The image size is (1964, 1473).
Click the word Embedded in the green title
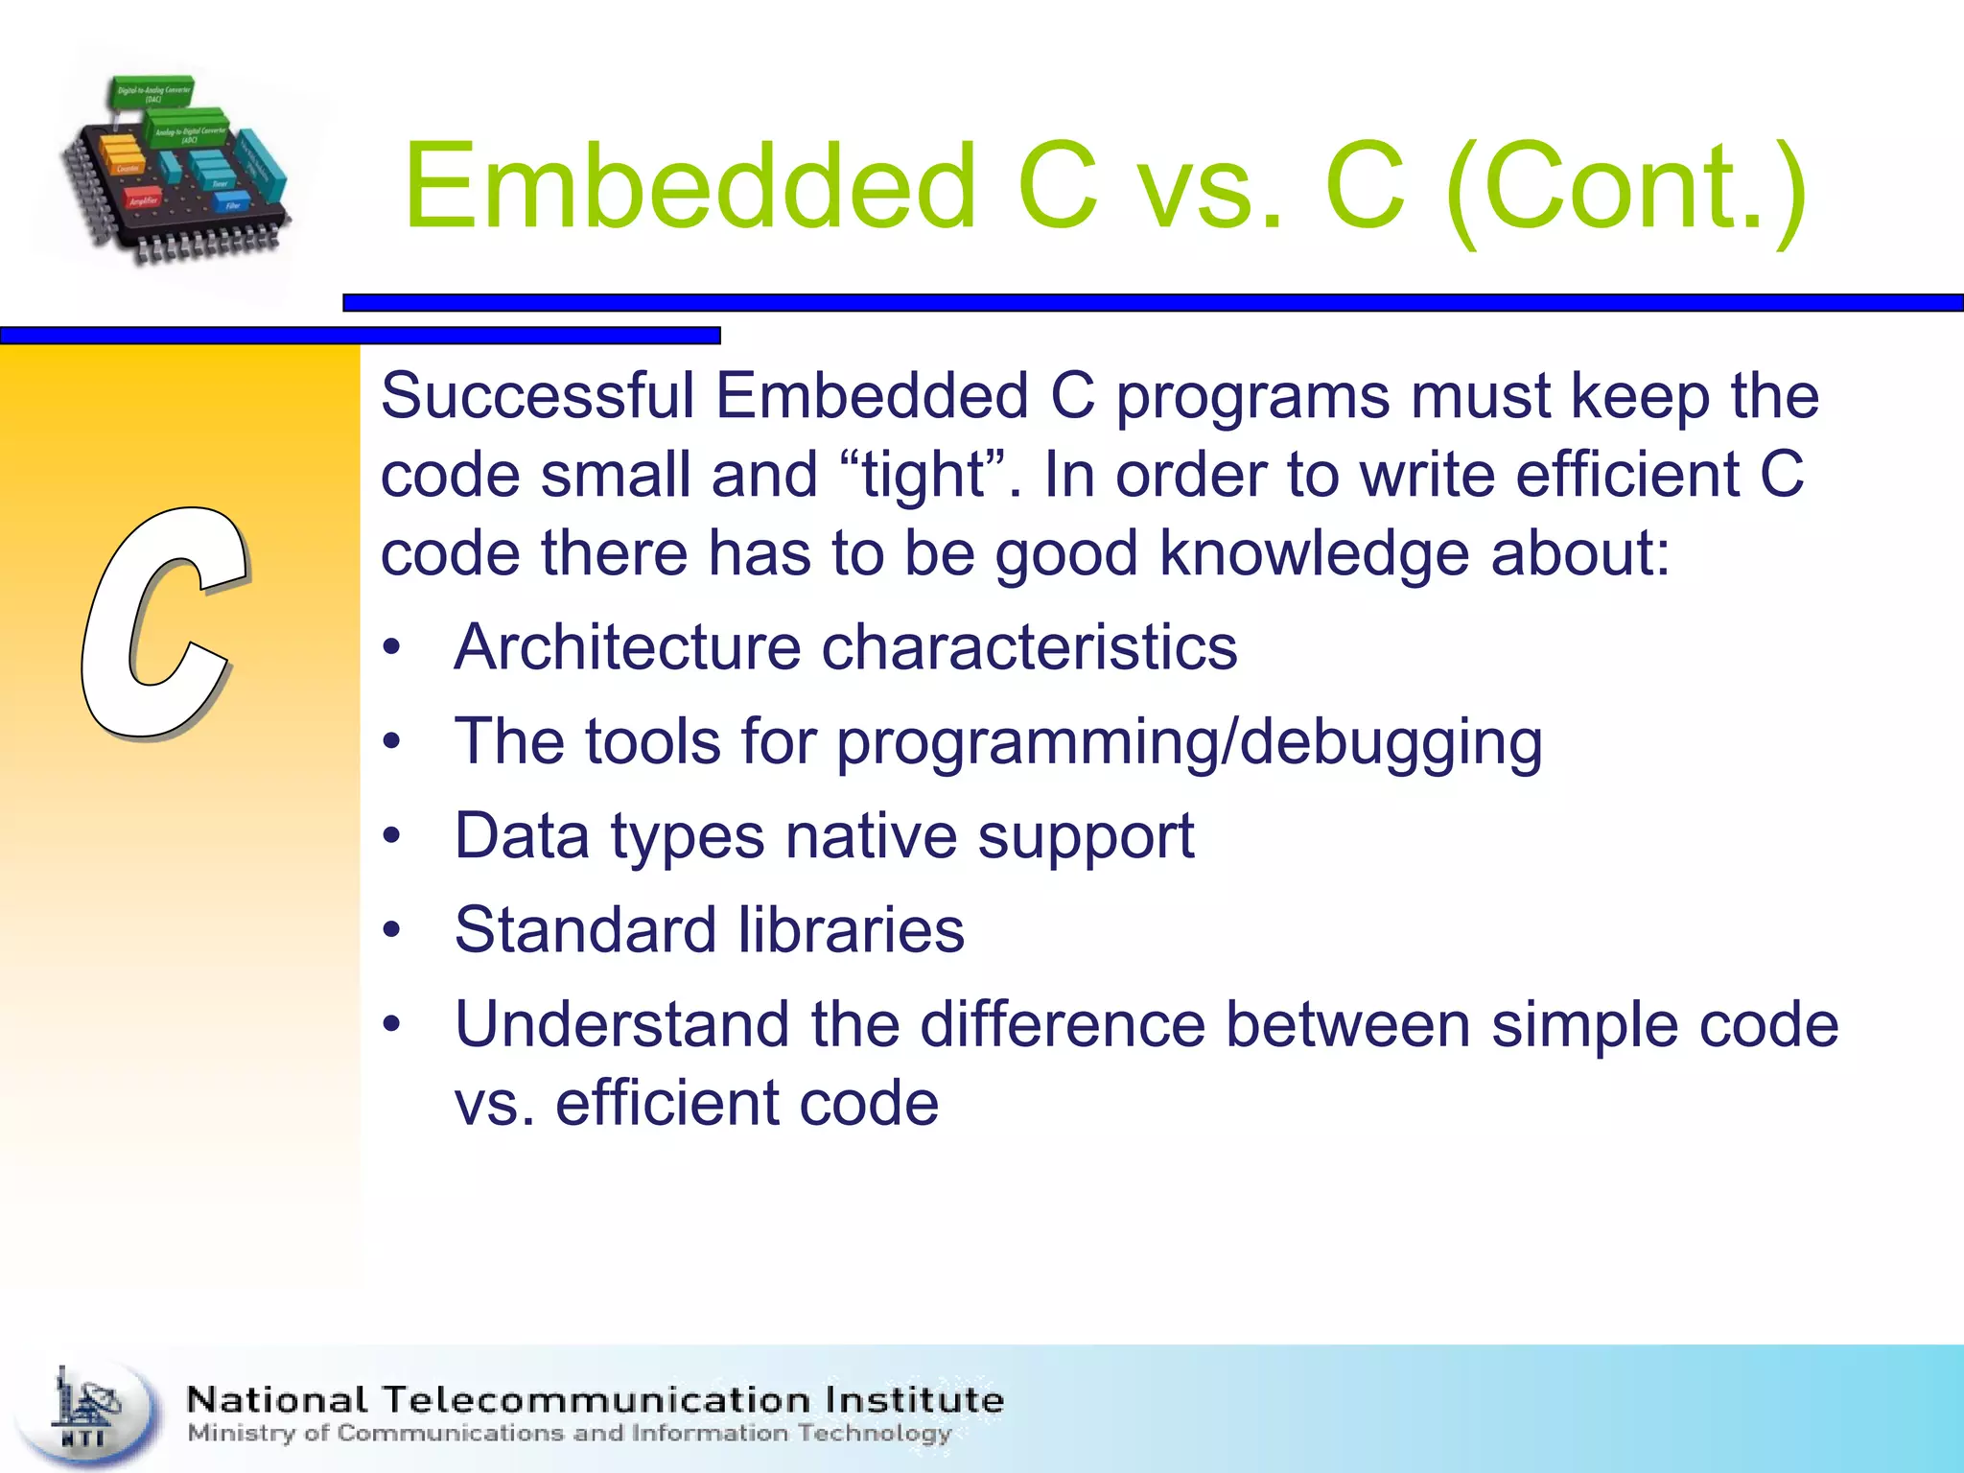point(689,187)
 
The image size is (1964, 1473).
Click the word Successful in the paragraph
point(537,396)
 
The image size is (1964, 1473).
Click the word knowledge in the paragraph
point(1314,554)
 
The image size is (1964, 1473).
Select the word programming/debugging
point(1189,742)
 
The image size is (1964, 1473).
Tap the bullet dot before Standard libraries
point(390,930)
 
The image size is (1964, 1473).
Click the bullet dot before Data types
point(390,836)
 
